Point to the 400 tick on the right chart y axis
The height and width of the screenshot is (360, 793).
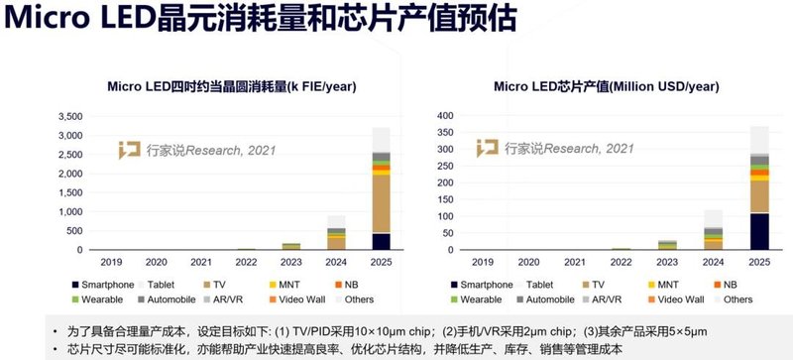444,116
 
